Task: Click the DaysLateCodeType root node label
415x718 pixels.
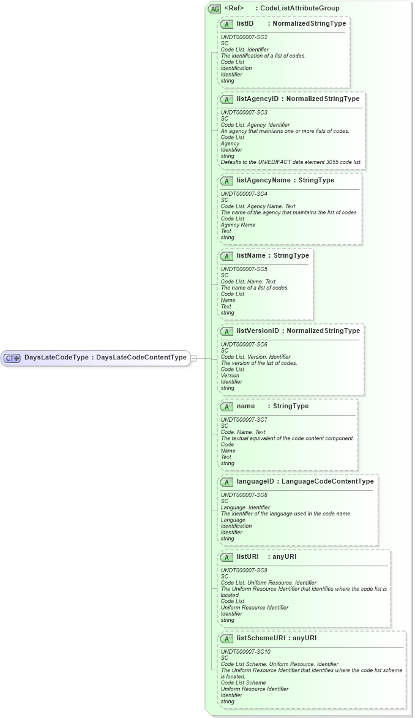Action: click(105, 357)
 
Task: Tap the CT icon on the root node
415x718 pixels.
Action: click(13, 358)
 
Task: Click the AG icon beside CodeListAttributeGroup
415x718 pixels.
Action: click(214, 9)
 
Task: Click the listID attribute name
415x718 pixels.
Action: click(245, 23)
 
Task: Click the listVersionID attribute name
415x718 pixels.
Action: click(258, 331)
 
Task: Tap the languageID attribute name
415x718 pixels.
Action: click(255, 482)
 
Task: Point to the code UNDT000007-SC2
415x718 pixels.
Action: click(244, 37)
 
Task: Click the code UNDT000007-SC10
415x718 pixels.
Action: click(245, 652)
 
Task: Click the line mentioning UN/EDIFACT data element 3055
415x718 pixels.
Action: click(291, 162)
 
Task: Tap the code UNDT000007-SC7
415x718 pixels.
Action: click(244, 420)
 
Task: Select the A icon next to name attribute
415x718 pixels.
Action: click(226, 406)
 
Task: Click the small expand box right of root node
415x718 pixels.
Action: click(193, 358)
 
